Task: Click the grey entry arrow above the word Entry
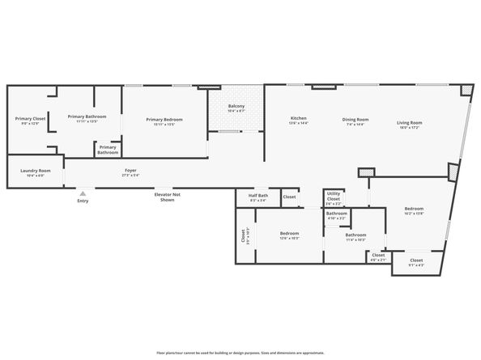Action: [x=83, y=193]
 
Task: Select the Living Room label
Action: [x=409, y=124]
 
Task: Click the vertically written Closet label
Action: [x=243, y=236]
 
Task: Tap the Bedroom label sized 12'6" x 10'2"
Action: [x=290, y=235]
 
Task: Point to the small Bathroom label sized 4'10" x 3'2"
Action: [x=336, y=215]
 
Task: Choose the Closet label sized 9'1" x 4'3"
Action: [x=415, y=262]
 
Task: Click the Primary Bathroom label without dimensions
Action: [x=108, y=150]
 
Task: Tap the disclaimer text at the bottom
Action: [x=240, y=353]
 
